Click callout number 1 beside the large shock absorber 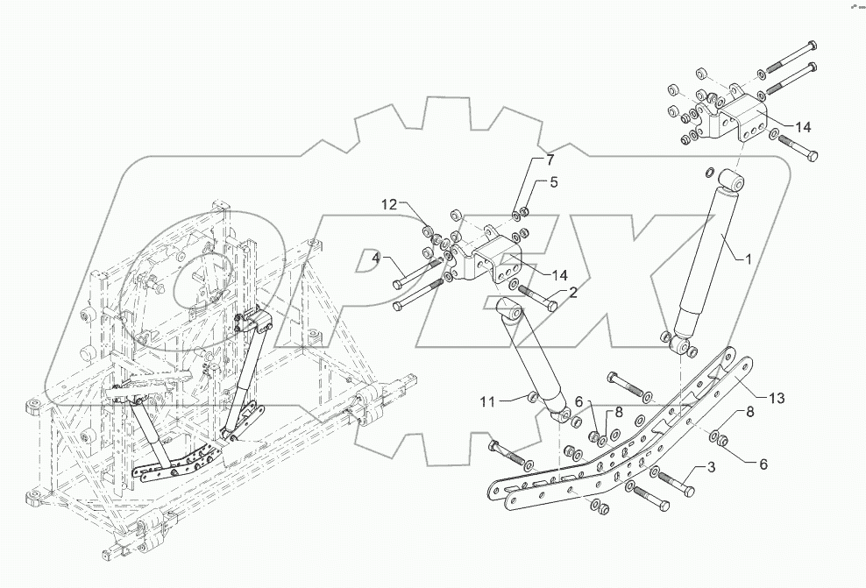tap(748, 259)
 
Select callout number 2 tap(572, 293)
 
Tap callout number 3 tap(711, 468)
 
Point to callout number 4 tap(376, 259)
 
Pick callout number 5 tap(553, 183)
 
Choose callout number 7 tap(550, 160)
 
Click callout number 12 tap(389, 204)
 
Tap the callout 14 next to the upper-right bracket tap(802, 126)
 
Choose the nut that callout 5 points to tap(523, 210)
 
